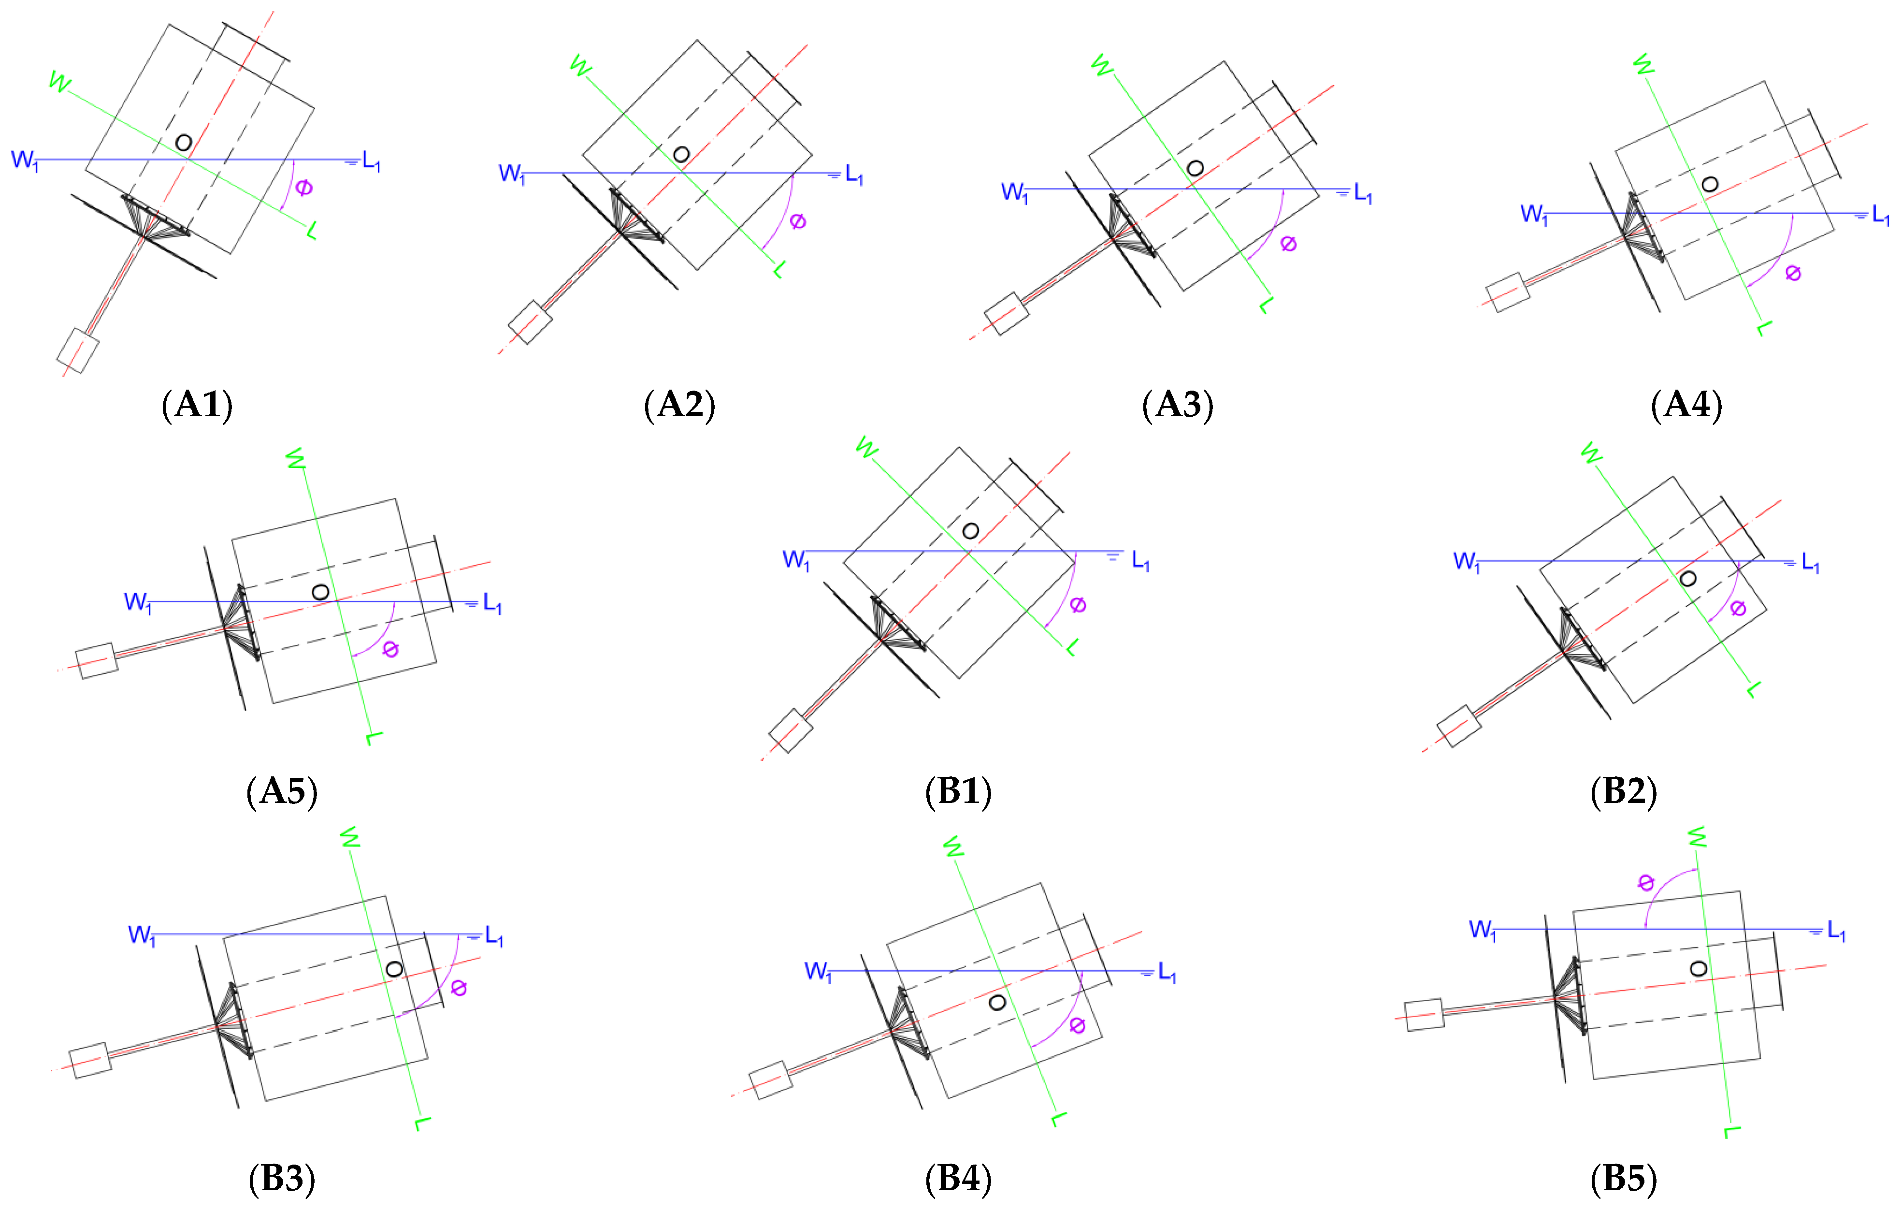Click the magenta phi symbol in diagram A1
pyautogui.click(x=304, y=187)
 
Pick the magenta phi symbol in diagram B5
pyautogui.click(x=1646, y=882)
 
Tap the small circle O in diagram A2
pyautogui.click(x=681, y=154)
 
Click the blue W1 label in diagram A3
pyautogui.click(x=1014, y=192)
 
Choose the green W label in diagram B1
pyautogui.click(x=866, y=448)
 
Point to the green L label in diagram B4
pyautogui.click(x=1059, y=1119)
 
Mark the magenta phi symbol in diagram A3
pyautogui.click(x=1288, y=243)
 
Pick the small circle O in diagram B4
pyautogui.click(x=997, y=1003)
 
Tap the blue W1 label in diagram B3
pyautogui.click(x=142, y=935)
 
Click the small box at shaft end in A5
pyautogui.click(x=96, y=660)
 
